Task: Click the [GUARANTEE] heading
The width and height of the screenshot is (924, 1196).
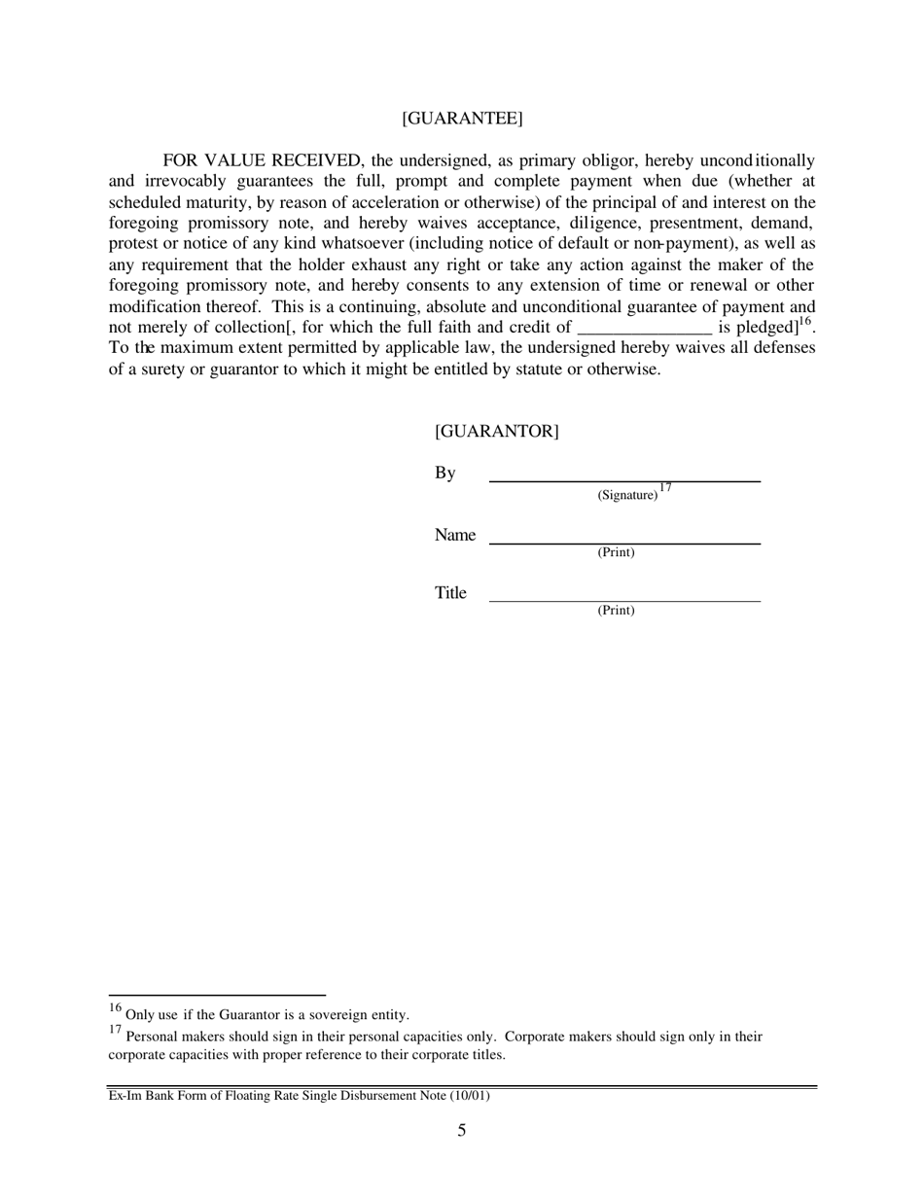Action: [462, 119]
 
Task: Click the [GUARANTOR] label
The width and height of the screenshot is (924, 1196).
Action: [496, 432]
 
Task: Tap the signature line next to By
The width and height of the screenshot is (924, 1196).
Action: [624, 480]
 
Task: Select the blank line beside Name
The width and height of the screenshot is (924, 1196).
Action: [624, 543]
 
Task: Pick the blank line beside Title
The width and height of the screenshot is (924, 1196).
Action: [624, 601]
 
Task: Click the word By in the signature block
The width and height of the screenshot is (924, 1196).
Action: [444, 474]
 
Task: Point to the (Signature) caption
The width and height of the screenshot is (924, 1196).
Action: [627, 495]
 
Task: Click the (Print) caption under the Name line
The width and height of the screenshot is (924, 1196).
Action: [616, 552]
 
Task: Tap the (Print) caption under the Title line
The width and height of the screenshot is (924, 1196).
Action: [616, 611]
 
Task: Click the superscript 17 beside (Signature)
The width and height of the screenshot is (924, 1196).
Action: [665, 488]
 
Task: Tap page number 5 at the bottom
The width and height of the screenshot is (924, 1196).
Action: [462, 1130]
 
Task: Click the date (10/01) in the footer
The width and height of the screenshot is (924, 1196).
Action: [470, 1096]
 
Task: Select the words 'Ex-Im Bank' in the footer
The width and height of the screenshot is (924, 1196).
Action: [138, 1096]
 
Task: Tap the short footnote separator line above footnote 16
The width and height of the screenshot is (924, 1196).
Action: [216, 995]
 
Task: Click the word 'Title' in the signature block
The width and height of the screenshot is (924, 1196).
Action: [450, 593]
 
